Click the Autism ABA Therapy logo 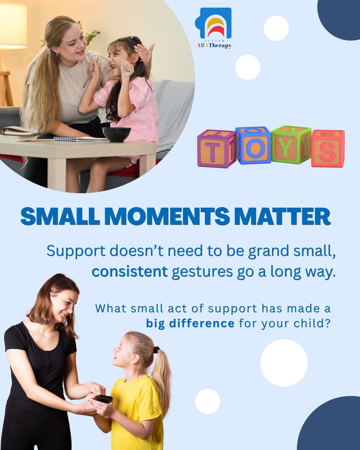click(x=213, y=28)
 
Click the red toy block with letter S click(x=327, y=148)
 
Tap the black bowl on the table click(x=117, y=134)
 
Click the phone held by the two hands click(x=103, y=398)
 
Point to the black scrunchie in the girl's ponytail click(x=156, y=349)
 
